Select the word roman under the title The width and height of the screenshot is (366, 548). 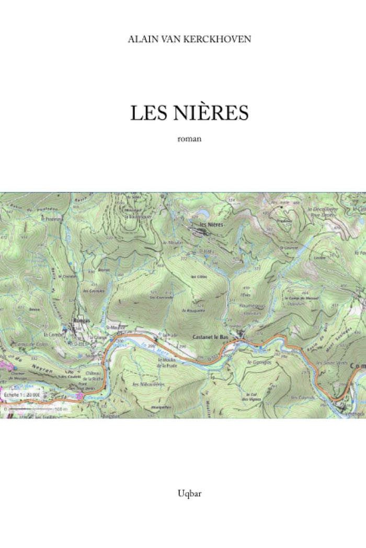tap(189, 139)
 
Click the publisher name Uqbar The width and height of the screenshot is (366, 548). tap(189, 493)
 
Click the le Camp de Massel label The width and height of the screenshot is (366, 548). tap(294, 298)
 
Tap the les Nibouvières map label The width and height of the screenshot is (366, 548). tap(148, 384)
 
